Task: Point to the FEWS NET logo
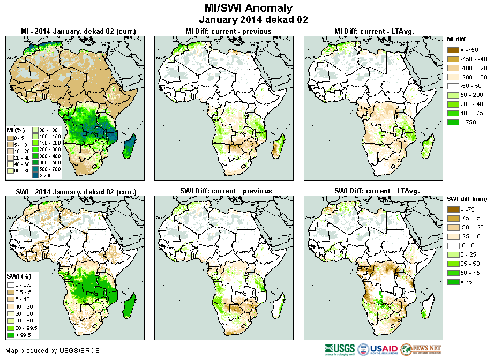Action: pos(420,349)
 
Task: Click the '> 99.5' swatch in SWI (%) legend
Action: pos(10,335)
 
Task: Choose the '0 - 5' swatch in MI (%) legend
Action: pos(10,137)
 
